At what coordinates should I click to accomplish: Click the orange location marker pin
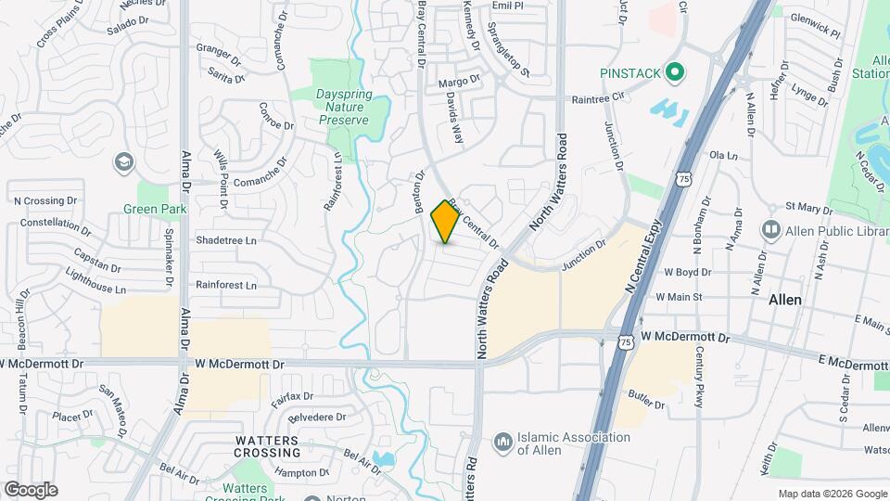[446, 222]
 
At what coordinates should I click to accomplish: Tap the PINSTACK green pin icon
[676, 71]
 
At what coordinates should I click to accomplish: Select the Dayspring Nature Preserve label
[343, 107]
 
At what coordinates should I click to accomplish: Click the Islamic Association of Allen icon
[503, 442]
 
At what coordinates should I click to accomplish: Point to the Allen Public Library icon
[770, 228]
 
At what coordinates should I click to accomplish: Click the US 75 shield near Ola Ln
[684, 177]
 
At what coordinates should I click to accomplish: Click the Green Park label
[155, 209]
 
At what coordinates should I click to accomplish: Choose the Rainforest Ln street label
[226, 285]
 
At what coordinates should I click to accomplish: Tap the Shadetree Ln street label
[225, 240]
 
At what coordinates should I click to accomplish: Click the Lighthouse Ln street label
[95, 282]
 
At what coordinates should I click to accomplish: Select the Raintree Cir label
[599, 97]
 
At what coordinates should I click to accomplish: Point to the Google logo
[31, 489]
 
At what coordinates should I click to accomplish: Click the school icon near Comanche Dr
[122, 163]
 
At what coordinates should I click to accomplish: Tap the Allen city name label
[785, 301]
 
